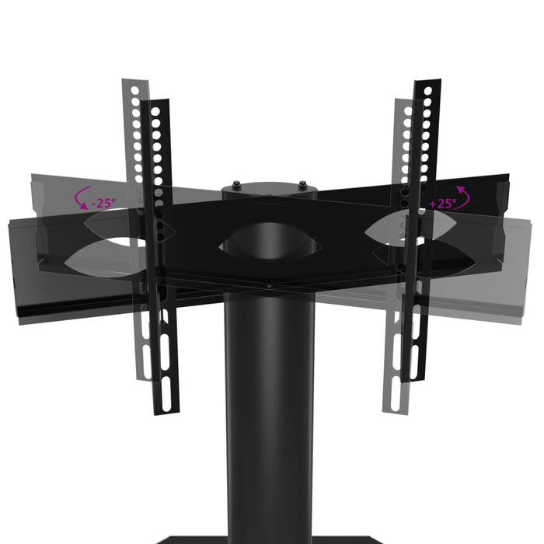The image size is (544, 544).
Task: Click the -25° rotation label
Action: click(x=103, y=203)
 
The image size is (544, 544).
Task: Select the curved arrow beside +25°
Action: click(x=463, y=197)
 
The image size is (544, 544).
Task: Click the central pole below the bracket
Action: click(x=268, y=404)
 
